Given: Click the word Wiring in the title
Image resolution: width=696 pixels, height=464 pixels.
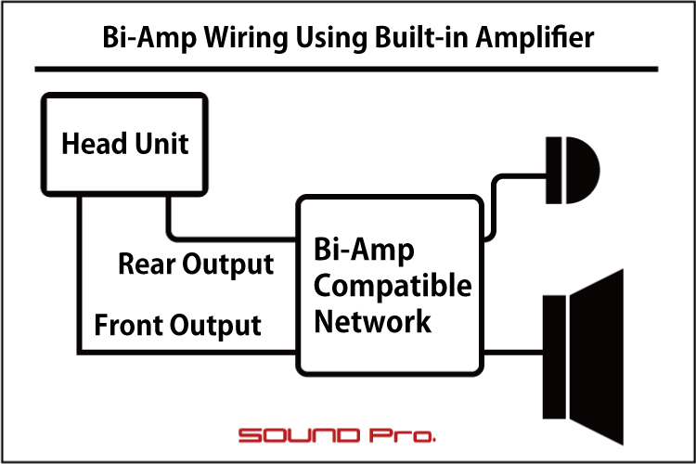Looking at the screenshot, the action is (x=246, y=38).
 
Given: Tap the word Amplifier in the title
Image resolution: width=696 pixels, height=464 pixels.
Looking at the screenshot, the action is (x=535, y=37).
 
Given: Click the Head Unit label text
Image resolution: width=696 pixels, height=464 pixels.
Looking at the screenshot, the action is (x=125, y=144).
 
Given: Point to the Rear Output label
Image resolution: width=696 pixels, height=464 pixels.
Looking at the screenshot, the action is (x=196, y=264).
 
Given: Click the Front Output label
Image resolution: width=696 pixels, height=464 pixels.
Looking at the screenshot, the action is (x=177, y=325).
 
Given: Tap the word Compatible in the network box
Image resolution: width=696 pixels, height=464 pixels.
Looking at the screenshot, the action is (x=393, y=286).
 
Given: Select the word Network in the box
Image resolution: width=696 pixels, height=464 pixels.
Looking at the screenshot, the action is (x=372, y=321).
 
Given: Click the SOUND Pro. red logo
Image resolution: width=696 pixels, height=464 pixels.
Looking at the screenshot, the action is (x=337, y=435).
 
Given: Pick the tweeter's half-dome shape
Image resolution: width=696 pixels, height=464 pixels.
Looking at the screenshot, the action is (x=582, y=170).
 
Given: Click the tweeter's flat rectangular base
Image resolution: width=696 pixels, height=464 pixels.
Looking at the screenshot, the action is (x=553, y=170).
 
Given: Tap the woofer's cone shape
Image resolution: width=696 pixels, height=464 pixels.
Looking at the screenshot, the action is (x=597, y=357).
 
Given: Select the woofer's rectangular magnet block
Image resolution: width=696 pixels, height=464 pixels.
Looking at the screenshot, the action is (x=554, y=357).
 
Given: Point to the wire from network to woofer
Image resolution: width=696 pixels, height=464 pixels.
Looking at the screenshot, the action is (x=513, y=353).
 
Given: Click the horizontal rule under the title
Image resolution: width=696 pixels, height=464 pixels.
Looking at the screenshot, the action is (x=346, y=70).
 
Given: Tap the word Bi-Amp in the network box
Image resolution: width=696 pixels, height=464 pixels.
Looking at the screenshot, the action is (x=364, y=250).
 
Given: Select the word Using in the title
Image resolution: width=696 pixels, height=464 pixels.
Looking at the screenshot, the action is (x=331, y=38).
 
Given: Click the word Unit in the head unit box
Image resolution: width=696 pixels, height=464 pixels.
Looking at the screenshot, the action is (x=162, y=144).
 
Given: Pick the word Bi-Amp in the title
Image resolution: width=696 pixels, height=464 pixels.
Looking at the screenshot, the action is (x=149, y=38).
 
